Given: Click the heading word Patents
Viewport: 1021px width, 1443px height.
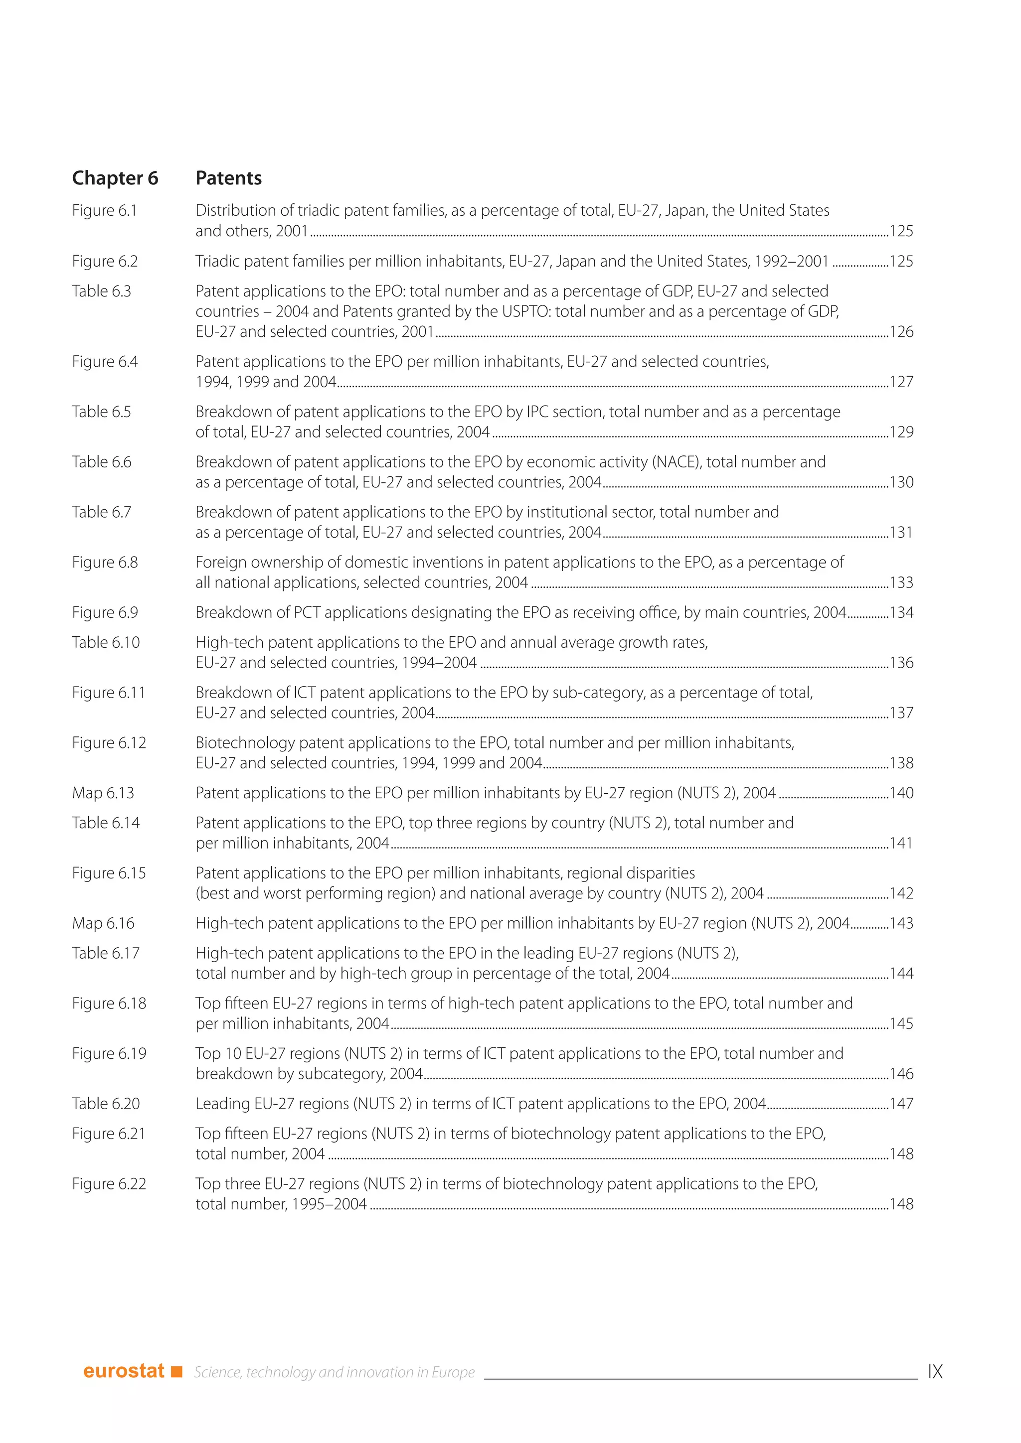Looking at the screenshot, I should point(228,178).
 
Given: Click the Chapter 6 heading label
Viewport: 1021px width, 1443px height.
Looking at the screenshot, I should point(115,178).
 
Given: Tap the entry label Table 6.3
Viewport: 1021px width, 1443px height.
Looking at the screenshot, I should point(101,291).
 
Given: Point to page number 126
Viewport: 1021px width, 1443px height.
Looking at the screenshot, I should point(901,332).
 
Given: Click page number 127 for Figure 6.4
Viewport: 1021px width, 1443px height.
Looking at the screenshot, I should point(901,382).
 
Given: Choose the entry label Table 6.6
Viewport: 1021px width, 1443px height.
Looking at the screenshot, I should point(101,462).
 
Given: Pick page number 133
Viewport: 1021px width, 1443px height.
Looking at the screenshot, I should point(901,582).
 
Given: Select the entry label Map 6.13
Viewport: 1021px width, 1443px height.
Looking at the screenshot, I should point(103,793).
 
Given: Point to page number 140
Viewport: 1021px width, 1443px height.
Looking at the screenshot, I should point(901,793).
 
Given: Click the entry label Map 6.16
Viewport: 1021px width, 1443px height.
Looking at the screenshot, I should point(103,923).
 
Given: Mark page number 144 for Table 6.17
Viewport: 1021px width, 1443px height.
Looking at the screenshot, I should point(901,974).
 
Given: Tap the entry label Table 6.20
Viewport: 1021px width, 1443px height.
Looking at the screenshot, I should point(106,1104).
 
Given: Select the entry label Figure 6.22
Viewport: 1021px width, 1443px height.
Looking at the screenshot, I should point(109,1184).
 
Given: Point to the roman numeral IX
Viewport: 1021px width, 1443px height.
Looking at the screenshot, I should point(935,1371).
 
